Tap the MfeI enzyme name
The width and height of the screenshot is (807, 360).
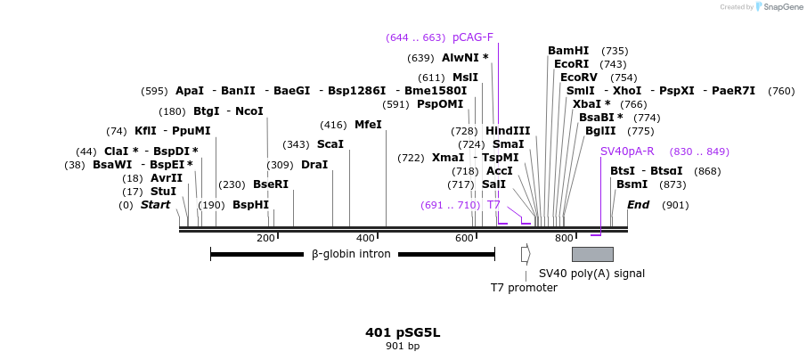click(x=368, y=125)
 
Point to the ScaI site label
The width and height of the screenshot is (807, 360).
click(x=330, y=144)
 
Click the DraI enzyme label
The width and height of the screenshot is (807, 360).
click(x=314, y=165)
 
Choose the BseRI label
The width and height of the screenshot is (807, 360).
click(x=271, y=184)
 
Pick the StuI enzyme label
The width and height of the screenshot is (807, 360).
click(x=163, y=192)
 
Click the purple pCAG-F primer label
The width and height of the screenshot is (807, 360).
click(x=472, y=37)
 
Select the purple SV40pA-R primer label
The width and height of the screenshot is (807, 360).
click(x=627, y=151)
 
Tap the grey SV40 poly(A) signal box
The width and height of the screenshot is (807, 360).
click(x=592, y=254)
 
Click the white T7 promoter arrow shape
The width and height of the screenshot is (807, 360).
click(x=526, y=254)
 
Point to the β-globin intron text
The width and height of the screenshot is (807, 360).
click(x=351, y=254)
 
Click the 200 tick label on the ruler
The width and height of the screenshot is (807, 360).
click(x=265, y=238)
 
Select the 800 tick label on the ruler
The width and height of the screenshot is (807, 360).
click(x=563, y=238)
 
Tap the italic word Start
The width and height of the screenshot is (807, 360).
click(x=155, y=205)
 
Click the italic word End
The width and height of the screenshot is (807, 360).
click(x=638, y=205)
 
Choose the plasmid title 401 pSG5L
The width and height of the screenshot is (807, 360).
click(x=403, y=332)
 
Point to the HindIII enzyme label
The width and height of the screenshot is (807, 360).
click(x=508, y=131)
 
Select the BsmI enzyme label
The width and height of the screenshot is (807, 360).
click(x=632, y=184)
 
